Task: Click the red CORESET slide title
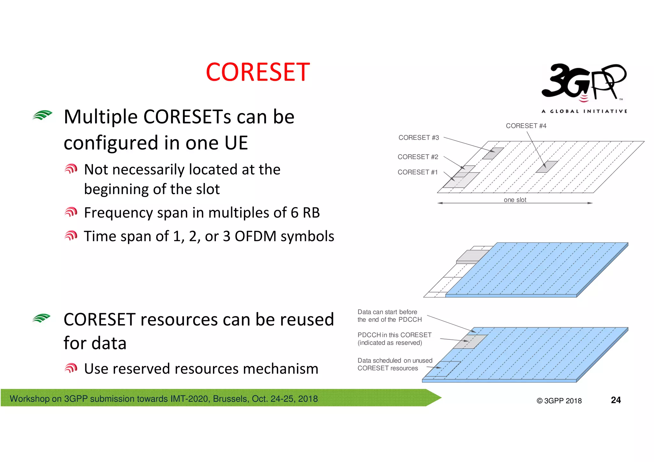pyautogui.click(x=258, y=72)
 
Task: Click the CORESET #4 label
pyautogui.click(x=526, y=126)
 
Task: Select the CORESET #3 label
pyautogui.click(x=419, y=138)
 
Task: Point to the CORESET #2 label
pyautogui.click(x=418, y=157)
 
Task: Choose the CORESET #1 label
pyautogui.click(x=417, y=172)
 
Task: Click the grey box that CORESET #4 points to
pyautogui.click(x=547, y=167)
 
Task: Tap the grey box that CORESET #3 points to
pyautogui.click(x=493, y=153)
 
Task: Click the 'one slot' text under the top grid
pyautogui.click(x=515, y=200)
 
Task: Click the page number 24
pyautogui.click(x=616, y=400)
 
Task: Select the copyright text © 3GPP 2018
pyautogui.click(x=559, y=401)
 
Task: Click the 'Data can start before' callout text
pyautogui.click(x=387, y=312)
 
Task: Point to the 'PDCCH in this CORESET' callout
pyautogui.click(x=394, y=335)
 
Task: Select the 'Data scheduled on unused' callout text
pyautogui.click(x=395, y=360)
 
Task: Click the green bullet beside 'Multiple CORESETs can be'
pyautogui.click(x=42, y=115)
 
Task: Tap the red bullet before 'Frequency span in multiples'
pyautogui.click(x=71, y=212)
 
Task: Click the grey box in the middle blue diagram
pyautogui.click(x=472, y=256)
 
